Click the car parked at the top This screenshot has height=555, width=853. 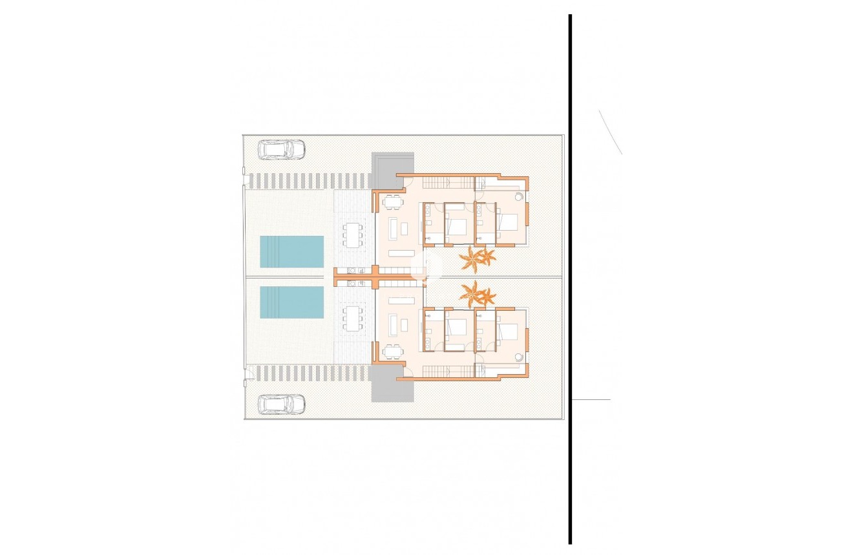point(281,149)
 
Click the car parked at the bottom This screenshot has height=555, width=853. point(281,404)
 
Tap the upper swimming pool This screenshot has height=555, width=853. point(291,251)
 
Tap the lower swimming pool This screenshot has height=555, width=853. point(291,302)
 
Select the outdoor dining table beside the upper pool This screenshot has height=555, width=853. point(352,235)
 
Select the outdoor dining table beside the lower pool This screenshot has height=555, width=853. point(352,319)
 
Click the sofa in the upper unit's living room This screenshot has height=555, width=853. point(392,227)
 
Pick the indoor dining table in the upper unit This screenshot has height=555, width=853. point(392,202)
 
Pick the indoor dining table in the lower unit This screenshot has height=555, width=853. point(392,351)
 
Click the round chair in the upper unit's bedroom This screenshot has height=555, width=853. point(519,196)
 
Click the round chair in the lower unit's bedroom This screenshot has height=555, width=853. point(519,357)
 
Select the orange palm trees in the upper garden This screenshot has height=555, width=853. point(477,258)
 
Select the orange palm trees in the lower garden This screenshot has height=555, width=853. point(477,295)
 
